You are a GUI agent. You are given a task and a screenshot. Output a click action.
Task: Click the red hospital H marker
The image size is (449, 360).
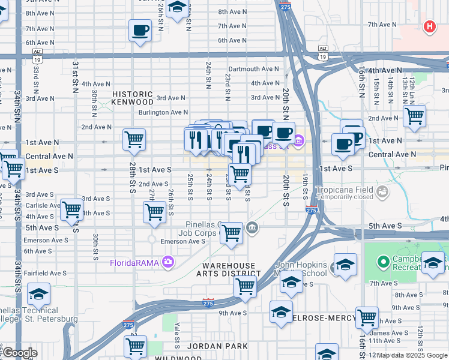click(429, 26)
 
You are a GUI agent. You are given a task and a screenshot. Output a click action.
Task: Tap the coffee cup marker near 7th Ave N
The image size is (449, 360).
click(140, 29)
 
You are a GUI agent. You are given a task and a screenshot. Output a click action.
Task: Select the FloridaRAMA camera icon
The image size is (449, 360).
click(168, 262)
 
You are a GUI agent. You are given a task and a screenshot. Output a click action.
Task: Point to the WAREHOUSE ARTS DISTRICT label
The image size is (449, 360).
click(229, 269)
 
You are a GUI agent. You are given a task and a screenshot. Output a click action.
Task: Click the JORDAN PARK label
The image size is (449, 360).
click(209, 346)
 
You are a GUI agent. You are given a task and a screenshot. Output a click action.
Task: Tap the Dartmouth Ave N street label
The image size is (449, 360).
click(253, 69)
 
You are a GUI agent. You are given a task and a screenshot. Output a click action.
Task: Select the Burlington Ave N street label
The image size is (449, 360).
click(163, 112)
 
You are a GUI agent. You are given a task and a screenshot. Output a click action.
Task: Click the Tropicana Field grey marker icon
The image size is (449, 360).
click(381, 191)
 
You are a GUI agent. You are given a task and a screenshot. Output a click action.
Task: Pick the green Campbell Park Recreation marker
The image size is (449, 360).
click(383, 262)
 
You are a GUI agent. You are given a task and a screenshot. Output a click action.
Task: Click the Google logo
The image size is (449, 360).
click(19, 353)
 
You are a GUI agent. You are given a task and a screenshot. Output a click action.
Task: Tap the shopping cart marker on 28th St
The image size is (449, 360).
click(134, 139)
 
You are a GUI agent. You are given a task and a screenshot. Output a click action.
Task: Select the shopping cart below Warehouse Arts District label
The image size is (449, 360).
click(245, 287)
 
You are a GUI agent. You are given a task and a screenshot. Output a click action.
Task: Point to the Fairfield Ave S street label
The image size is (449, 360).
click(46, 273)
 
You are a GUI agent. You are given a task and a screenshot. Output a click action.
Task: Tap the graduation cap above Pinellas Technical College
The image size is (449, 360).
click(38, 294)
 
